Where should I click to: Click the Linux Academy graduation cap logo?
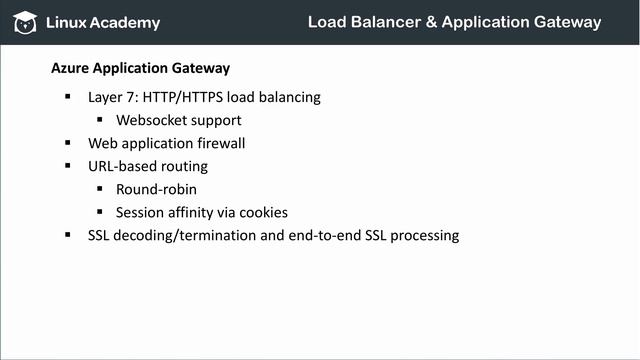click(24, 22)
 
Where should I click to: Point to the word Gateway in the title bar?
click(564, 21)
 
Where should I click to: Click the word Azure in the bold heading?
click(70, 69)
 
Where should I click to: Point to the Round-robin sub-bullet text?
click(155, 189)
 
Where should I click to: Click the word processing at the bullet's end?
click(424, 236)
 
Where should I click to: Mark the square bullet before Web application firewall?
click(68, 142)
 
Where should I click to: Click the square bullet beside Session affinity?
click(100, 211)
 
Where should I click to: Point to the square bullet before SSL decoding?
click(68, 234)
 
